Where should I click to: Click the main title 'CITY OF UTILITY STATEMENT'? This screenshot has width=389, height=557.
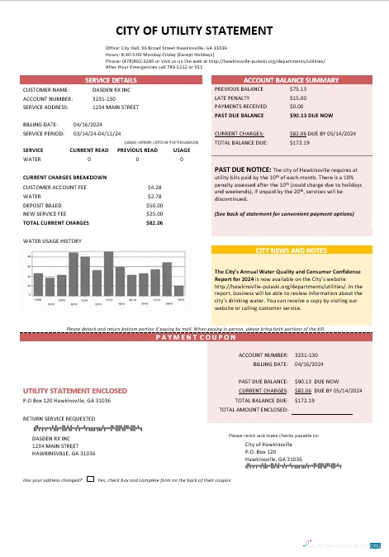(194, 31)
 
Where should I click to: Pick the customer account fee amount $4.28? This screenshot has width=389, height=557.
(154, 187)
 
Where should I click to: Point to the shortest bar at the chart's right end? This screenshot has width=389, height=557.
(178, 290)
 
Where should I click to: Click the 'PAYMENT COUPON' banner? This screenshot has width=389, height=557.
(194, 339)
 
